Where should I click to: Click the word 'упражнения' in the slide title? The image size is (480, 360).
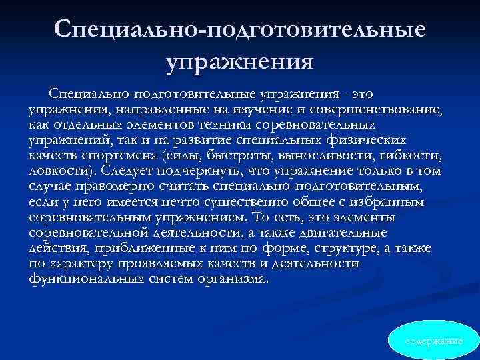(240, 63)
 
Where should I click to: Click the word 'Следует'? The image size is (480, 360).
(131, 171)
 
